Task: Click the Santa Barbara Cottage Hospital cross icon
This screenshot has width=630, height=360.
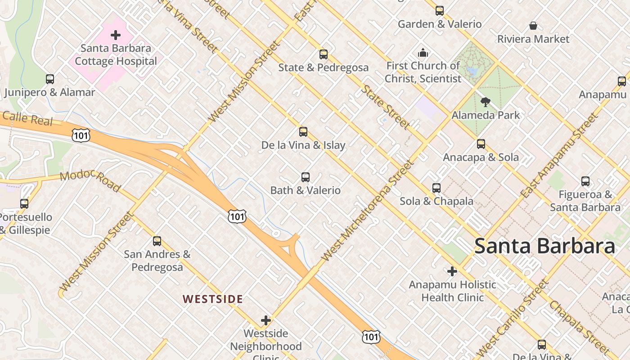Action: [116, 35]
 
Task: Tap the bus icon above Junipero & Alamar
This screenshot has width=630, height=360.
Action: [50, 79]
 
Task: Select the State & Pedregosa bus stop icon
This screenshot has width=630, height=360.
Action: [323, 54]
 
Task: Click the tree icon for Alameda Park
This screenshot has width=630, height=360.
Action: [485, 102]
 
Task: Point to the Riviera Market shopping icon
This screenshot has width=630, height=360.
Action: [533, 26]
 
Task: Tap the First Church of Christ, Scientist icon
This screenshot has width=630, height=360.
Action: [423, 53]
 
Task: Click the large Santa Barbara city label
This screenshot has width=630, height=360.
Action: [544, 246]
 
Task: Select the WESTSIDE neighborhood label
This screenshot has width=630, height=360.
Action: [213, 299]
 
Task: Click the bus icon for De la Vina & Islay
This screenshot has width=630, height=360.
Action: [303, 132]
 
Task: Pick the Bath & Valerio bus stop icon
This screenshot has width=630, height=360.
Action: [306, 177]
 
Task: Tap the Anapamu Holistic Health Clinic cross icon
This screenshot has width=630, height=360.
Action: [452, 271]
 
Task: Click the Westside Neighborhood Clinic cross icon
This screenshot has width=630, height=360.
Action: [266, 320]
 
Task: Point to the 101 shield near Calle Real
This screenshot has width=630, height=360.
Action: [81, 135]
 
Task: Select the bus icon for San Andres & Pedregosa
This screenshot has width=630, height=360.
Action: [157, 241]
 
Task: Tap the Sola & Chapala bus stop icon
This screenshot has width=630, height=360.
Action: [436, 188]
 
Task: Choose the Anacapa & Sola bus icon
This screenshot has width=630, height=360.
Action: [481, 144]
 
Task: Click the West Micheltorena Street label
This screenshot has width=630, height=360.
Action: [367, 210]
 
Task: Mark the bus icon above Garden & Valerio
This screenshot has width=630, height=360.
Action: [440, 11]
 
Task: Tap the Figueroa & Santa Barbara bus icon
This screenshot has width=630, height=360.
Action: [585, 181]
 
